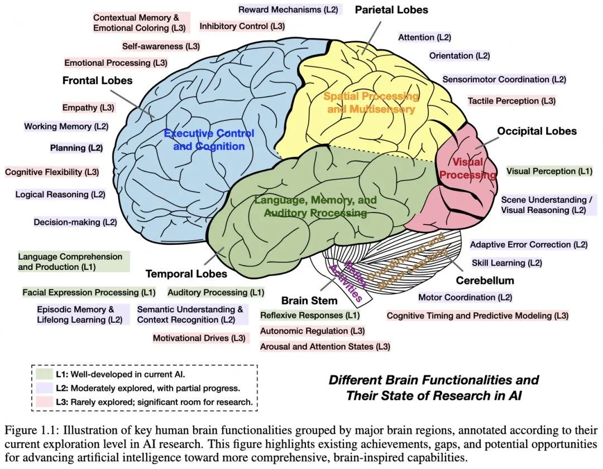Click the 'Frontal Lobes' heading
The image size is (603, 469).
click(97, 80)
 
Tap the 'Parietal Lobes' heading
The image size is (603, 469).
click(391, 9)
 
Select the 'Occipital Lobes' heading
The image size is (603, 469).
click(537, 131)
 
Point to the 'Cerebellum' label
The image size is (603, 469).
click(485, 280)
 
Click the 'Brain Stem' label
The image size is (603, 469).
click(309, 301)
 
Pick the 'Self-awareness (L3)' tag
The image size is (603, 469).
click(161, 46)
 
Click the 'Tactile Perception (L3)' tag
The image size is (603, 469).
click(511, 101)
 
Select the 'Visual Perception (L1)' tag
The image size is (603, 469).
click(549, 171)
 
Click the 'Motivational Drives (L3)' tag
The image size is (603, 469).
click(199, 338)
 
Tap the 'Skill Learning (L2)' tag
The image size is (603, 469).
click(507, 263)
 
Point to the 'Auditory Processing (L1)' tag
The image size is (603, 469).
click(216, 292)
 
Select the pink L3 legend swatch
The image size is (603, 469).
click(44, 402)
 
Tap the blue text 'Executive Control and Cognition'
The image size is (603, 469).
click(209, 139)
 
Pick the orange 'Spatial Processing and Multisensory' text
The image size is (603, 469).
click(371, 102)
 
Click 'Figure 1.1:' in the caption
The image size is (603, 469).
click(31, 431)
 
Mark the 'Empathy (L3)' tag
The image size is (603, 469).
click(88, 107)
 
